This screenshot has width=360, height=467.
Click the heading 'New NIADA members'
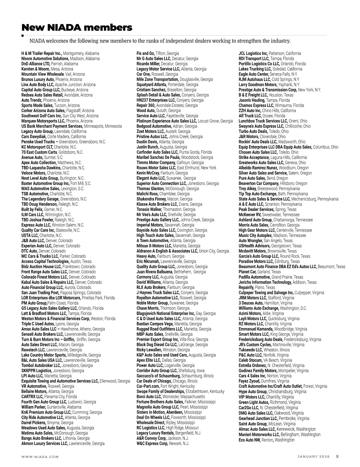(x=77, y=28)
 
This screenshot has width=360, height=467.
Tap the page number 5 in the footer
(x=337, y=457)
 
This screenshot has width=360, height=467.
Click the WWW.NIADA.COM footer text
(x=40, y=457)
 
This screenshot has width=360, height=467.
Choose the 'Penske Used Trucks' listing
(x=40, y=142)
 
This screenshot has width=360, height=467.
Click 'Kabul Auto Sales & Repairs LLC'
(x=47, y=282)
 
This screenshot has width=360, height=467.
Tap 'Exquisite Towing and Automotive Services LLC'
(x=60, y=381)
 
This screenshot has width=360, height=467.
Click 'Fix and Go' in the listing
(x=145, y=53)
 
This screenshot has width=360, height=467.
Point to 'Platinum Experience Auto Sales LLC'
(x=166, y=121)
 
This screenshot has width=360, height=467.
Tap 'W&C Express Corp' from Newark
(x=152, y=444)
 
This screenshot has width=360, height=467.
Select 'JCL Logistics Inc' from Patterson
(x=253, y=53)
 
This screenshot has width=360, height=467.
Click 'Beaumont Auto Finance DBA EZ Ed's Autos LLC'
(x=277, y=267)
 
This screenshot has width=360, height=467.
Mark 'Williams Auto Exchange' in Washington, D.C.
(x=259, y=308)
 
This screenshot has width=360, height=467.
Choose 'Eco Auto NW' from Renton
(x=250, y=440)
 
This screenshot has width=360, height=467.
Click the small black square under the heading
(x=23, y=35)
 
